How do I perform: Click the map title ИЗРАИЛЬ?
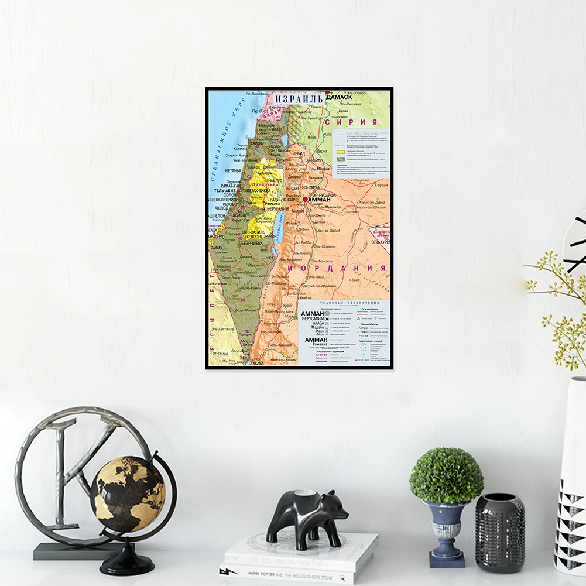[299, 98]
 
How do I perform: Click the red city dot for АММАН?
[305, 200]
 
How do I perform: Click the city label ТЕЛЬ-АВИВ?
[225, 191]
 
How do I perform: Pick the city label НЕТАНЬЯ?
[217, 170]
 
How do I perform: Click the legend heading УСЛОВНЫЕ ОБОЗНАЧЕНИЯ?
[344, 303]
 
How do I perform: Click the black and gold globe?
[128, 494]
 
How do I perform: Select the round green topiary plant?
[446, 475]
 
